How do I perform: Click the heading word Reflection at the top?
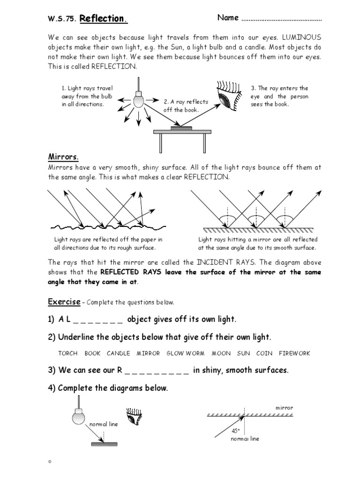pyautogui.click(x=103, y=19)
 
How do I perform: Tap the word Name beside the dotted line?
pyautogui.click(x=228, y=18)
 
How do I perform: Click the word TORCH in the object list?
pyautogui.click(x=68, y=353)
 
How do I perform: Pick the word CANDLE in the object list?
pyautogui.click(x=119, y=353)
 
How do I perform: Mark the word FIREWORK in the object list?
pyautogui.click(x=294, y=353)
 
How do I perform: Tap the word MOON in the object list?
pyautogui.click(x=221, y=353)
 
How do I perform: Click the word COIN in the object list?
pyautogui.click(x=264, y=353)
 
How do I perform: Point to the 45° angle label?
pyautogui.click(x=235, y=430)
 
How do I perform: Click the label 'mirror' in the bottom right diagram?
pyautogui.click(x=284, y=408)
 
